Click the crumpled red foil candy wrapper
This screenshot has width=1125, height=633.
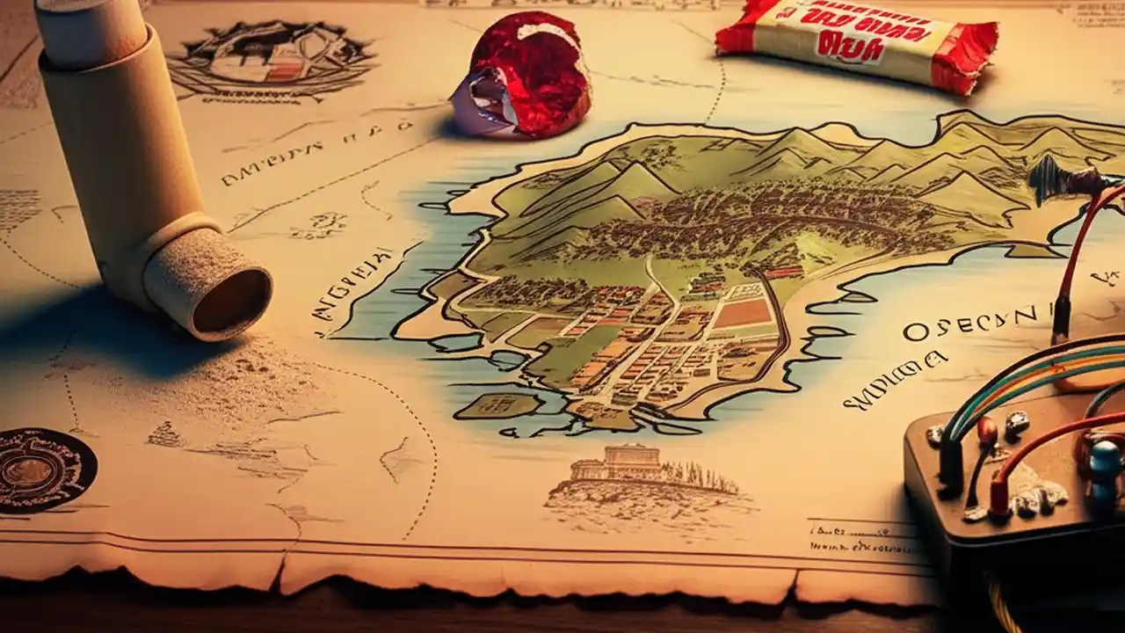525,76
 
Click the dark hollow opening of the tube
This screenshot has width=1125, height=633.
231,302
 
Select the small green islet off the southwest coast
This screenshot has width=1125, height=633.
496,405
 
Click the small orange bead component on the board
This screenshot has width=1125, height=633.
987,430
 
